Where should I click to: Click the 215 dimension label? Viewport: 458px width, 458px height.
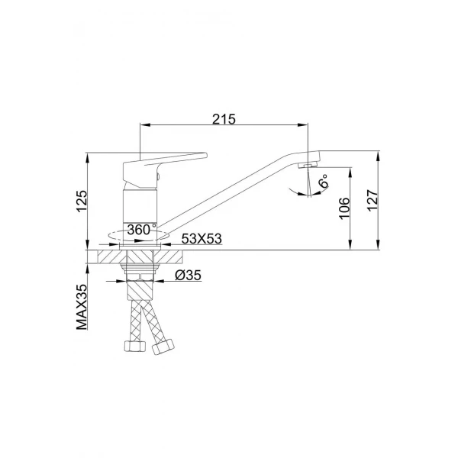click(224, 118)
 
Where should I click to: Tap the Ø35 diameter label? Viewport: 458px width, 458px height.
click(187, 276)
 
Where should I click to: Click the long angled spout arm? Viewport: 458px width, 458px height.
click(229, 195)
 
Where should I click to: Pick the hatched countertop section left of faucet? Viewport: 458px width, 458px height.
click(103, 256)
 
